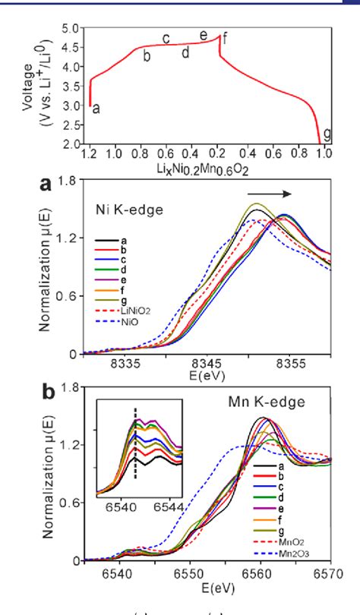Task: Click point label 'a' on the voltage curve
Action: [x=96, y=109]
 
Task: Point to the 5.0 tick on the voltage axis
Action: [x=71, y=29]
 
